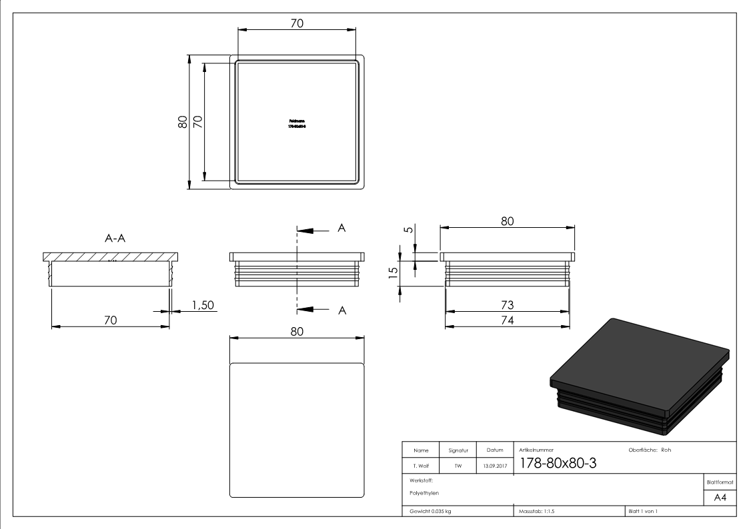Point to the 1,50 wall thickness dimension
202,304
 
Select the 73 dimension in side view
507,304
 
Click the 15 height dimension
393,272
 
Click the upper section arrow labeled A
341,229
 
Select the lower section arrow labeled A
341,309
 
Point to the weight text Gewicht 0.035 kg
430,511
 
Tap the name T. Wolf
420,466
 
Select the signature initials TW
458,466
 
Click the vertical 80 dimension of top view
182,121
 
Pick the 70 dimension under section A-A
110,320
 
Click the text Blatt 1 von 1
643,511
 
